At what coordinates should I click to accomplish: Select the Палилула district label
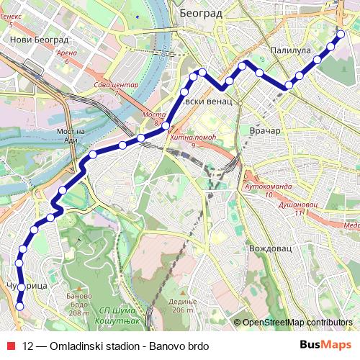[x=290, y=51]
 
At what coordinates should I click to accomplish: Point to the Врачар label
[x=263, y=131]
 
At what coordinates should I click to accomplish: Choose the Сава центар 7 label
[x=116, y=89]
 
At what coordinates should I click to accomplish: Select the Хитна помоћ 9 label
[x=194, y=141]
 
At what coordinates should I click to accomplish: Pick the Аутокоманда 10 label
[x=268, y=190]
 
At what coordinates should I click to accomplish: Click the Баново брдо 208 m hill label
[x=78, y=303]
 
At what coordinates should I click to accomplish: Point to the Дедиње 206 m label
[x=183, y=305]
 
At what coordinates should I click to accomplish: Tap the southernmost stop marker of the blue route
[x=19, y=307]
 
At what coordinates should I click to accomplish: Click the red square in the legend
[x=10, y=346]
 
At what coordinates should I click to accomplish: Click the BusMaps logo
[x=325, y=346]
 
